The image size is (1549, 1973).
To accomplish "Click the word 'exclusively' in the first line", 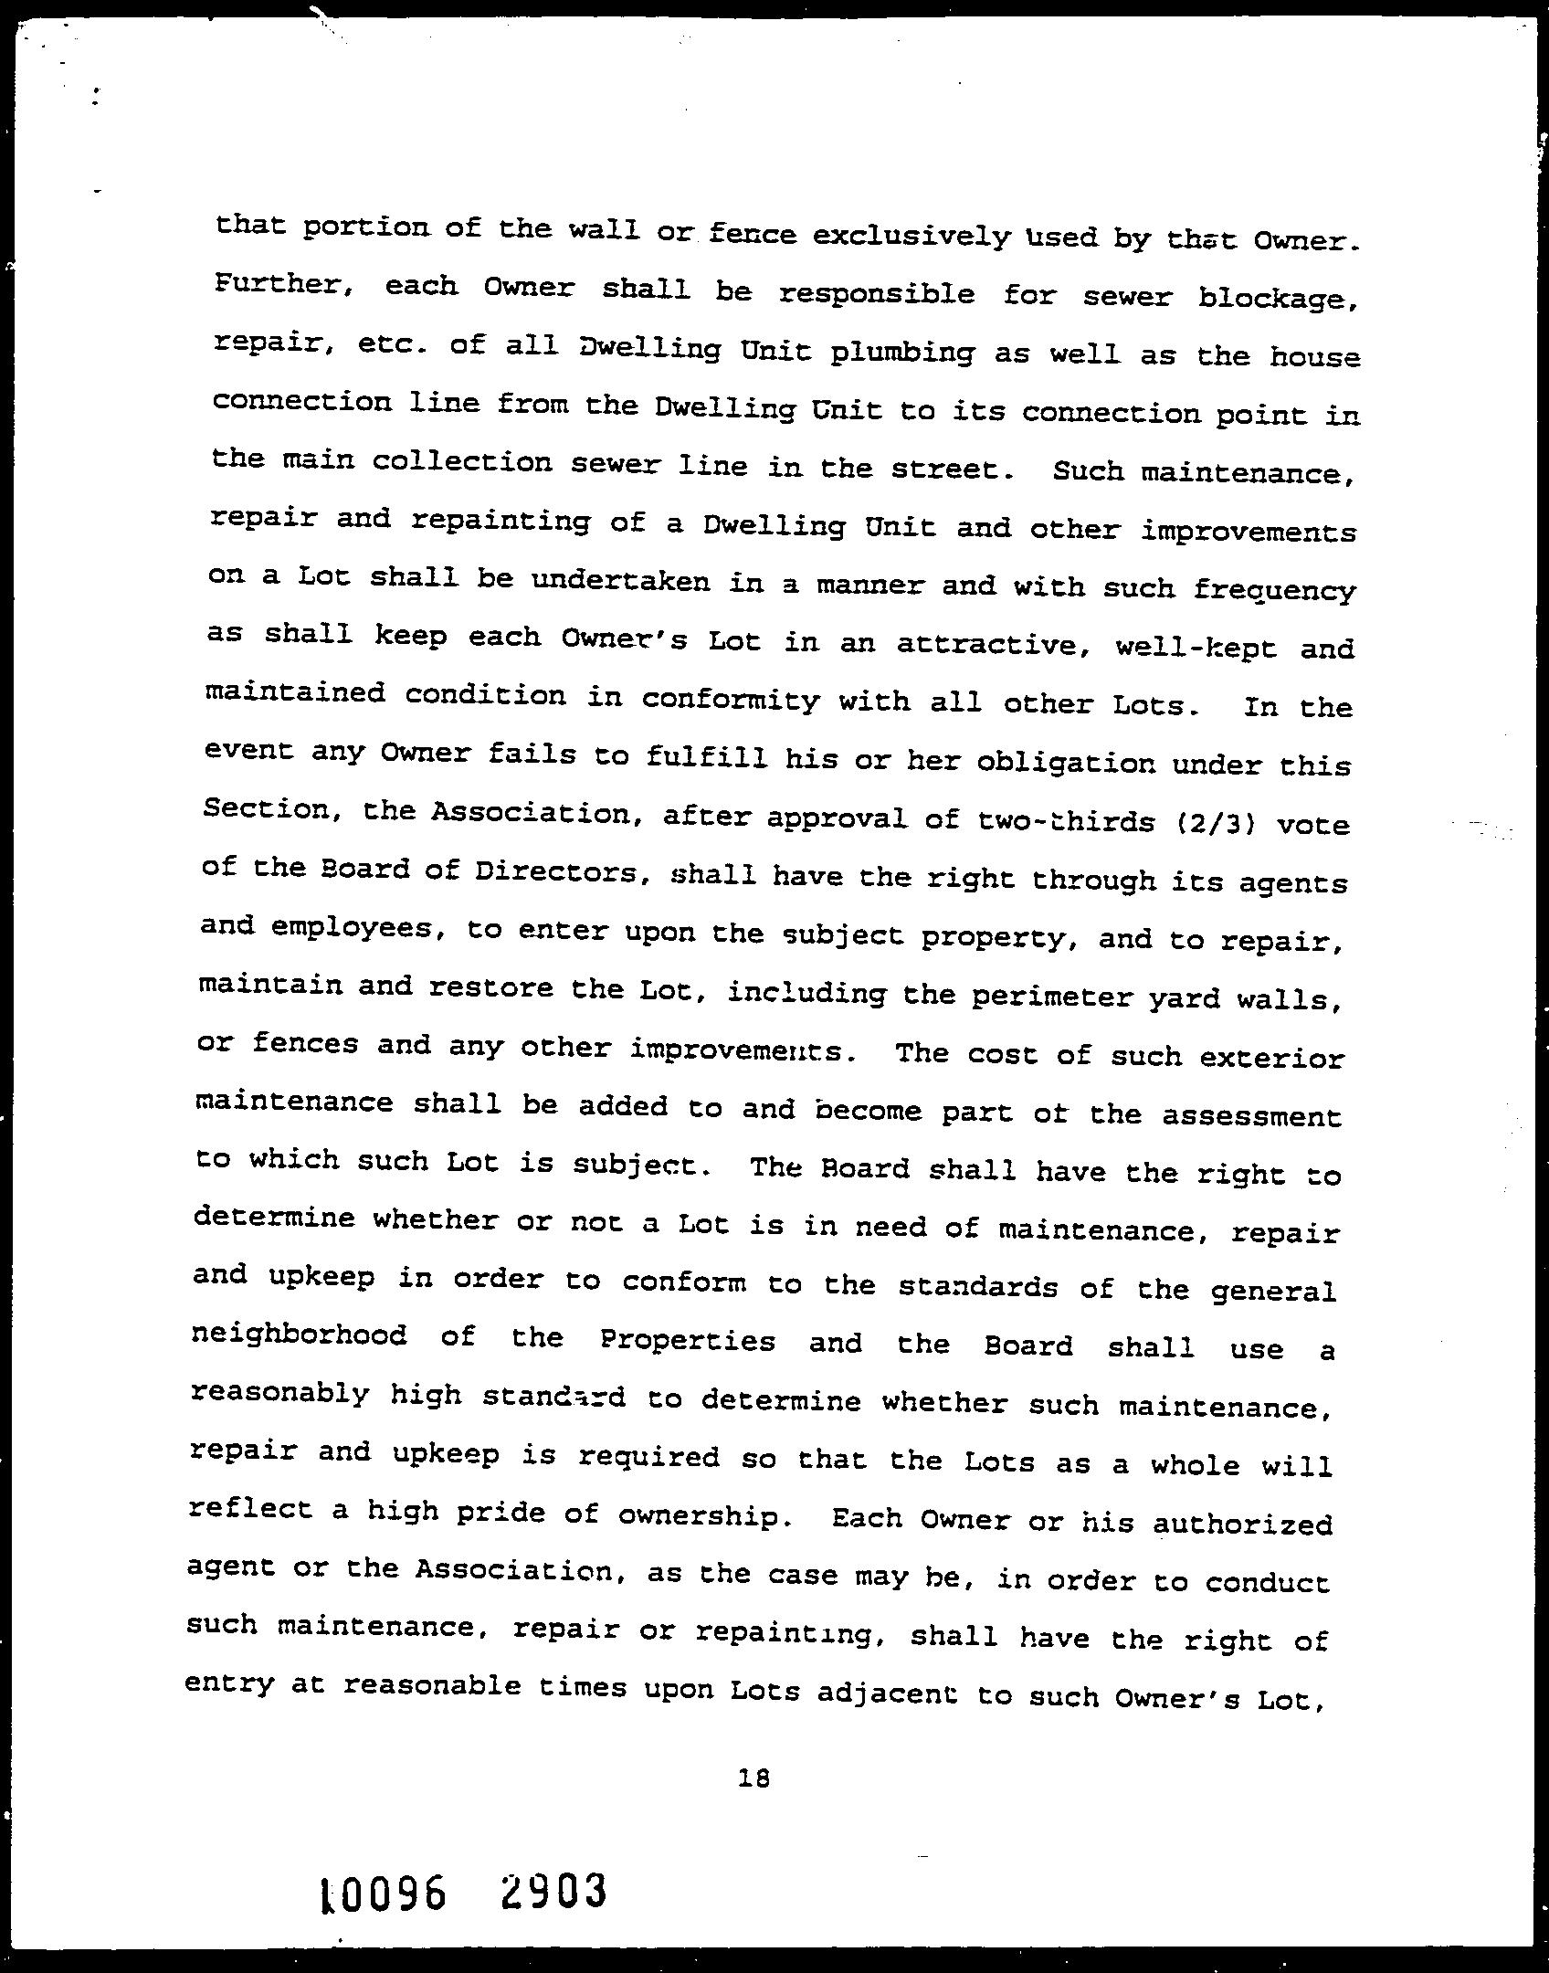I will click(911, 237).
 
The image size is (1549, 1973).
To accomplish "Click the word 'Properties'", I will click(688, 1342).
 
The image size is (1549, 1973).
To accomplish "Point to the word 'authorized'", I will click(1242, 1524).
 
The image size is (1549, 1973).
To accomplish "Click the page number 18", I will click(755, 1778).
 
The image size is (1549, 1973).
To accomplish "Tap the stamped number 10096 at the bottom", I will click(384, 1894).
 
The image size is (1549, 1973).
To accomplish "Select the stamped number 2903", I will click(554, 1891).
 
